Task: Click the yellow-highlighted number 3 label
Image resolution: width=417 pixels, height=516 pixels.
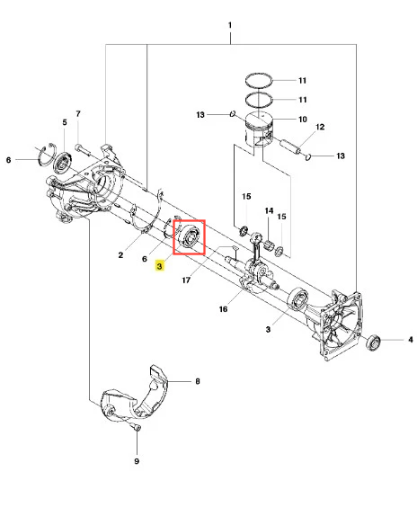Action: pyautogui.click(x=159, y=265)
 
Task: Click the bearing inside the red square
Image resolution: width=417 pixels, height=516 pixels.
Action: pyautogui.click(x=188, y=236)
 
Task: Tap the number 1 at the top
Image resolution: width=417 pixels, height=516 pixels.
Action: pyautogui.click(x=230, y=25)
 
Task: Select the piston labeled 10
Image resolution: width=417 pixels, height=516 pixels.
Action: pyautogui.click(x=260, y=130)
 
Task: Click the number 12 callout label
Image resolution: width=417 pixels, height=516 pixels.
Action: pyautogui.click(x=320, y=127)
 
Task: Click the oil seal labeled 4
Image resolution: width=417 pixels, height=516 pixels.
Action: pyautogui.click(x=373, y=343)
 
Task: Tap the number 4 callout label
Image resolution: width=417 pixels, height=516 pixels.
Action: pyautogui.click(x=411, y=339)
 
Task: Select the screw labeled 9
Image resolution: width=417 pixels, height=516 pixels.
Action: pyautogui.click(x=137, y=427)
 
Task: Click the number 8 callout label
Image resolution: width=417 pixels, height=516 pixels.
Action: pyautogui.click(x=198, y=381)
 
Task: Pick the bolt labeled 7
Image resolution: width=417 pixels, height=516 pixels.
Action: pyautogui.click(x=84, y=149)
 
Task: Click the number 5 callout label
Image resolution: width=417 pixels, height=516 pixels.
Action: pyautogui.click(x=65, y=122)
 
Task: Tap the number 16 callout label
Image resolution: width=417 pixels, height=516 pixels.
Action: pyautogui.click(x=223, y=309)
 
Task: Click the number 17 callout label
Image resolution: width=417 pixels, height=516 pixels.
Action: pyautogui.click(x=186, y=280)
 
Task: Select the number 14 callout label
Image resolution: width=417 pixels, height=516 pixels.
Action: pyautogui.click(x=269, y=210)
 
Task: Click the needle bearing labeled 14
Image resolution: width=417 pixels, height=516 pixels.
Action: pyautogui.click(x=270, y=245)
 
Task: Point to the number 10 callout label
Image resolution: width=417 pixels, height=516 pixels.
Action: pyautogui.click(x=303, y=120)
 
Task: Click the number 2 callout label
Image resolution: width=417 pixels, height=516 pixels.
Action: pyautogui.click(x=120, y=255)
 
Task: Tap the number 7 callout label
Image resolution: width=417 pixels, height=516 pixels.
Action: pyautogui.click(x=78, y=114)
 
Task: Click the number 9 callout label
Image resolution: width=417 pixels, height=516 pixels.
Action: pyautogui.click(x=137, y=461)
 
